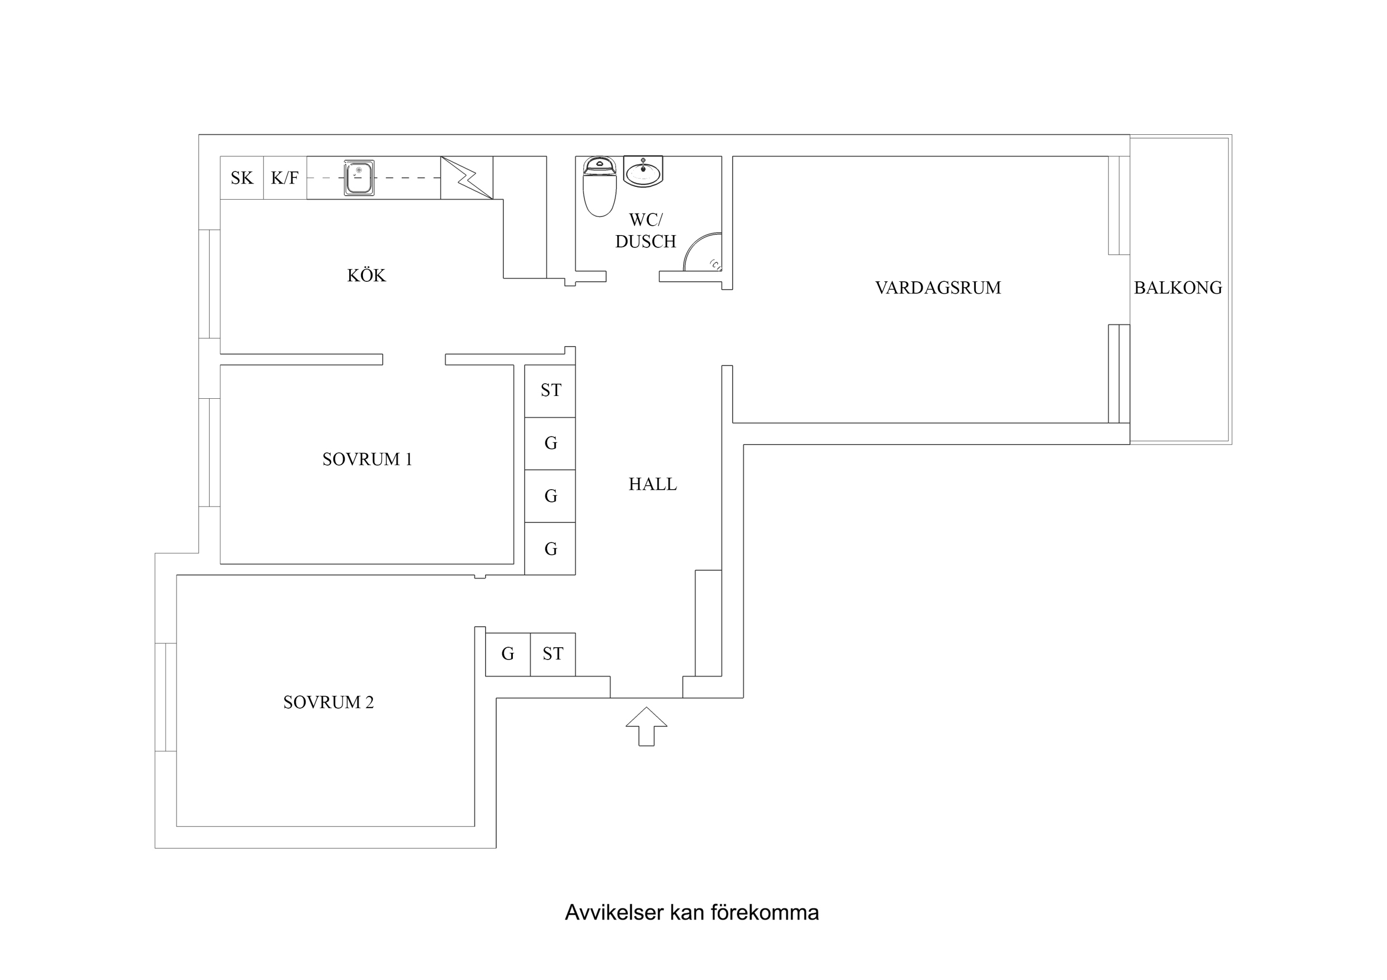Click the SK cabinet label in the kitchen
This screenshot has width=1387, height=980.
tap(241, 178)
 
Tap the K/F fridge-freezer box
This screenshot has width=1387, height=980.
tap(285, 178)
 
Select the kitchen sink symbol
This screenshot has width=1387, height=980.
tap(359, 178)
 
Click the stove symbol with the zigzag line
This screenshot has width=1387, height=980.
tap(466, 177)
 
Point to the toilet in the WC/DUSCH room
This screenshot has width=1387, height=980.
tap(599, 187)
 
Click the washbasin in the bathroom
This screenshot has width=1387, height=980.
tap(643, 171)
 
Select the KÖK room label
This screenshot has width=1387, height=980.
tap(366, 276)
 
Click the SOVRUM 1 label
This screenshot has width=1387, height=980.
tap(367, 460)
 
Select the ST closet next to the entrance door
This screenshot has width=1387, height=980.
tap(553, 654)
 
